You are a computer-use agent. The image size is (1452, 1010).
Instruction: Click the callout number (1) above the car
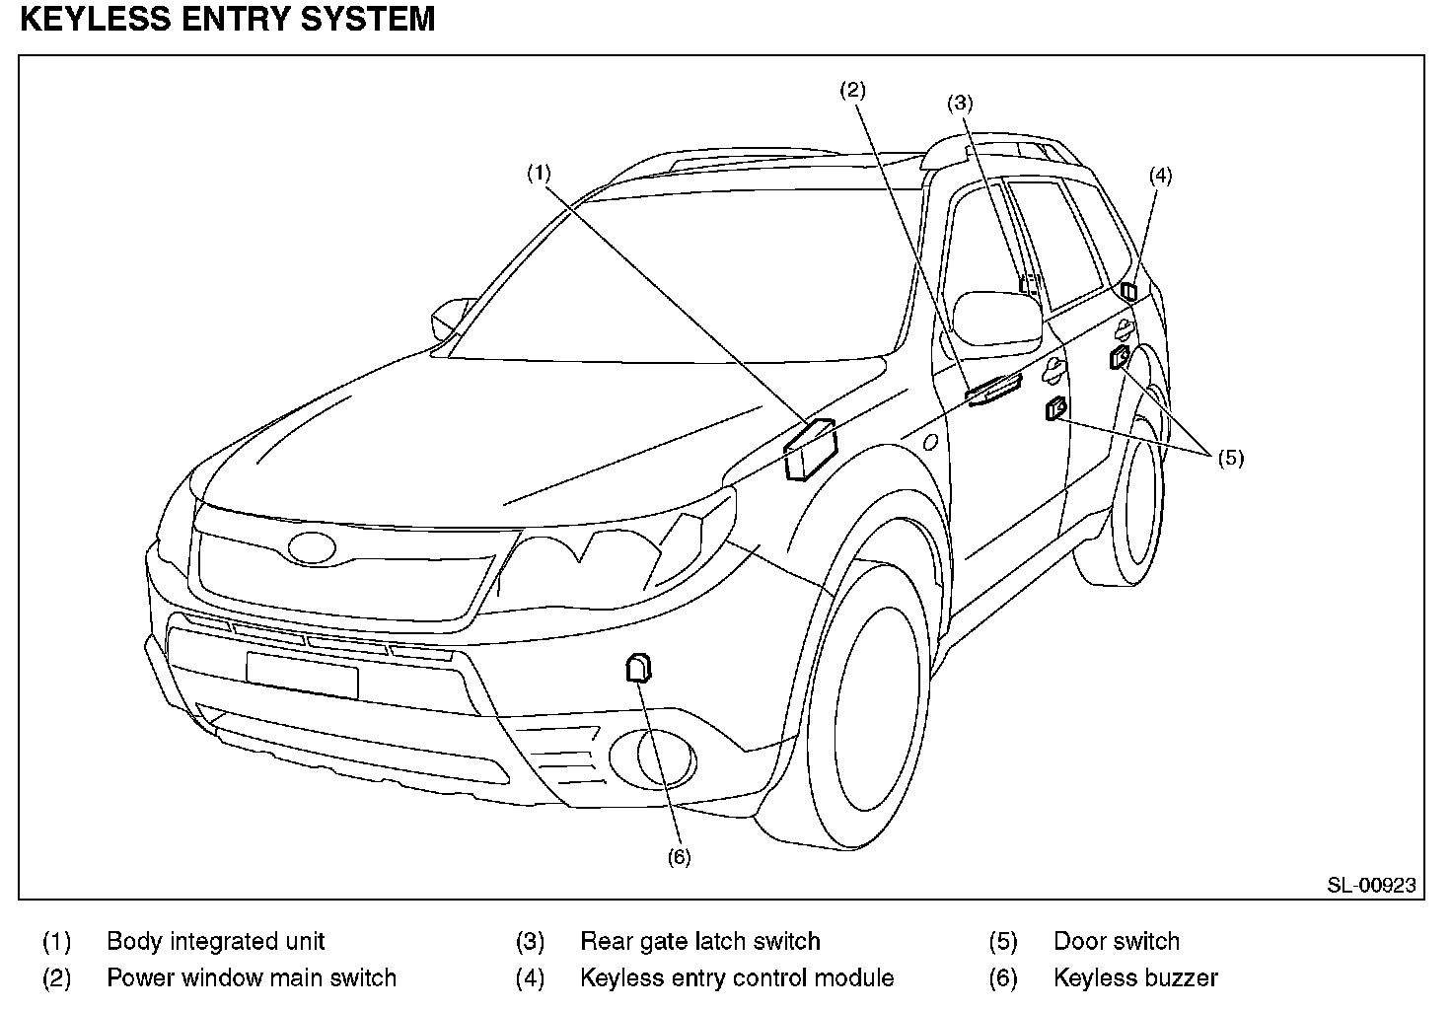[538, 174]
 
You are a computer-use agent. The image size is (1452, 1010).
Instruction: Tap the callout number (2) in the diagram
[852, 91]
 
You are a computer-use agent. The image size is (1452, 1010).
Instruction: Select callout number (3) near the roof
[960, 103]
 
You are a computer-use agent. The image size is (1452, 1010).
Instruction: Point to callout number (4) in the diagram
[1160, 177]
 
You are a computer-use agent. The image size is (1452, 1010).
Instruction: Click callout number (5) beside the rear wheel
[1230, 458]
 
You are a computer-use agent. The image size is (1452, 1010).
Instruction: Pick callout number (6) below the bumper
[679, 857]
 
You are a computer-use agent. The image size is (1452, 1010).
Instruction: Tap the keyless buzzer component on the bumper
[638, 668]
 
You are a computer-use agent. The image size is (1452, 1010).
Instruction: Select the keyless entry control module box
[1128, 291]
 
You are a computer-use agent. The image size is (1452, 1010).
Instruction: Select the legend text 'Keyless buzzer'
[1135, 978]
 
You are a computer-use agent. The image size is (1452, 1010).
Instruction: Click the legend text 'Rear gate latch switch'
[699, 942]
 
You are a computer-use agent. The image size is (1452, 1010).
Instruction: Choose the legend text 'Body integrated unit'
[215, 942]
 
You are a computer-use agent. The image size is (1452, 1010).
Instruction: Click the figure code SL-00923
[1370, 885]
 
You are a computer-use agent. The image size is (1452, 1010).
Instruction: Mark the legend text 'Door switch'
[1116, 942]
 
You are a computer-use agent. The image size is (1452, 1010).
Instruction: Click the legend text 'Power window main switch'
[251, 978]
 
